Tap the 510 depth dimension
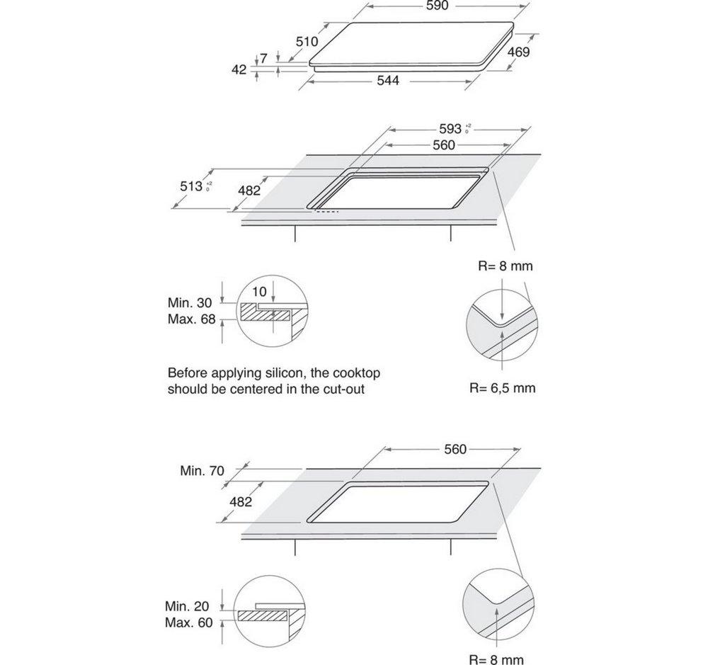[307, 42]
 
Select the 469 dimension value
[518, 52]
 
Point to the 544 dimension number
[388, 81]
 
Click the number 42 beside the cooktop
[239, 69]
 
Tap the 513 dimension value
[192, 186]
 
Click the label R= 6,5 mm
[501, 388]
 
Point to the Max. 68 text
[191, 319]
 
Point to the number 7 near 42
[263, 59]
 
